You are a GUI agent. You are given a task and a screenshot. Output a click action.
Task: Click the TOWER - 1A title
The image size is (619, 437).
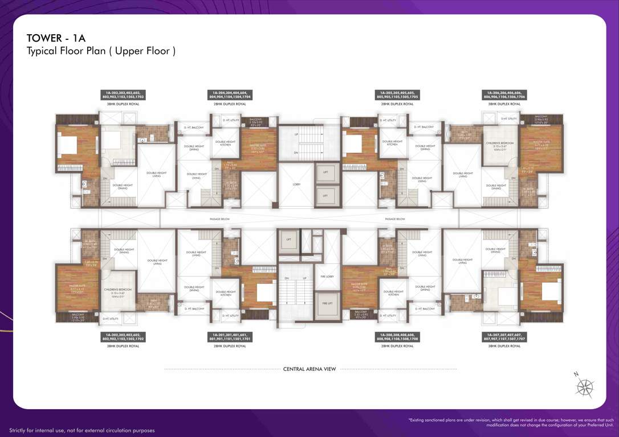[x=56, y=38]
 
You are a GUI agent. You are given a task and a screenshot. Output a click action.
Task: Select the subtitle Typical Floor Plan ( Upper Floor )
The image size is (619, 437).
[x=101, y=51]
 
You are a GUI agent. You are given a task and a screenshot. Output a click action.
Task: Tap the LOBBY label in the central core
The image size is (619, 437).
[x=296, y=184]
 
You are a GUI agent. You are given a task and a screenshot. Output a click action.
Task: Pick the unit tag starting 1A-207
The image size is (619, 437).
[x=504, y=337]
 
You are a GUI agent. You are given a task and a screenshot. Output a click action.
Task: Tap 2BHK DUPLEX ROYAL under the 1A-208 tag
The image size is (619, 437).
[x=397, y=346]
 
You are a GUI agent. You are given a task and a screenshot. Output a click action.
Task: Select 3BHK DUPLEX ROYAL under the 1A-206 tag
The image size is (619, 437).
[x=504, y=104]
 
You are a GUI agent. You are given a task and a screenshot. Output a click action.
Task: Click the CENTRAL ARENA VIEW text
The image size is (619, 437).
[x=309, y=369]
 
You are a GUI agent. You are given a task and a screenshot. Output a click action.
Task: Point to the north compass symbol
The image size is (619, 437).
[x=584, y=387]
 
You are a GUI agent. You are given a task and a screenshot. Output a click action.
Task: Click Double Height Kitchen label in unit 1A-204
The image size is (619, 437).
[x=226, y=143]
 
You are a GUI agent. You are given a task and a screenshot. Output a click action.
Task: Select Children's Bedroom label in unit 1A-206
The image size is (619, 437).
[x=500, y=145]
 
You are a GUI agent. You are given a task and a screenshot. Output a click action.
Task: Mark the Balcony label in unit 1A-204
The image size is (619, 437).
[x=255, y=121]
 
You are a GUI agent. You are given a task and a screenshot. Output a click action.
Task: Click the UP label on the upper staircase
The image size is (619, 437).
[x=296, y=134]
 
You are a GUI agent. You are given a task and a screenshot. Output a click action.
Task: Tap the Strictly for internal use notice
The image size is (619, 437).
[x=82, y=431]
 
